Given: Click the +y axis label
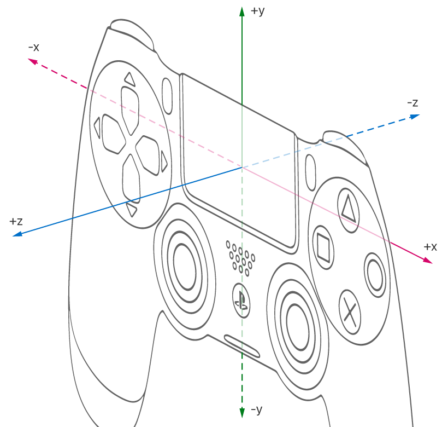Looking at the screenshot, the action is [258, 11].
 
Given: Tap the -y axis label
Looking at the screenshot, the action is [257, 410].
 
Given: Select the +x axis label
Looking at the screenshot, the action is [431, 247].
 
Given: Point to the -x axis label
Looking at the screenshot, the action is [34, 47].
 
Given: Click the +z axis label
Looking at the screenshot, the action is [16, 221].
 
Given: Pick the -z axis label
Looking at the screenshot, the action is [412, 103].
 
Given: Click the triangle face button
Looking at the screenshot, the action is [348, 210].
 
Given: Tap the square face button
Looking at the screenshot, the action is [324, 247].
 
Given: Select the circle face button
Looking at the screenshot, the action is [375, 275].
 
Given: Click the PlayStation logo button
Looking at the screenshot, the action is [241, 301].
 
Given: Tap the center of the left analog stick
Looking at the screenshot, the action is [185, 266].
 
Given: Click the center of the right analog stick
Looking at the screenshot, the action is [298, 327].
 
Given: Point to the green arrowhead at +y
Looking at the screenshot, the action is [242, 12].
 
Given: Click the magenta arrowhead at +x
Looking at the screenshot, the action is [427, 260].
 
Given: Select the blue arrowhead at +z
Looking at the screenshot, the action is [17, 234].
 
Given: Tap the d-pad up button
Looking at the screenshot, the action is [130, 110].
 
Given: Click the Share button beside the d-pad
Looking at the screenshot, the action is [167, 96].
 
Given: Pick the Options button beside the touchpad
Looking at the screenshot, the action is [310, 172].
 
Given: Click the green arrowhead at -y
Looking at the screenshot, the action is [242, 412].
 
